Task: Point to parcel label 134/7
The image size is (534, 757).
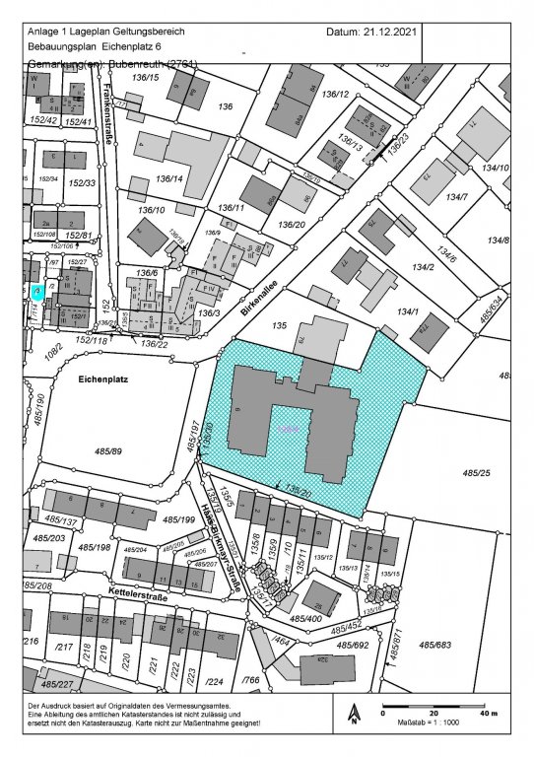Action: [x=455, y=199]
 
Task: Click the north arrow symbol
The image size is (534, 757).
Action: [x=353, y=714]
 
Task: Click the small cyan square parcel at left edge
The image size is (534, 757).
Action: [x=36, y=292]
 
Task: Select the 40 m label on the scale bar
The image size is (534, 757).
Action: [x=488, y=713]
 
